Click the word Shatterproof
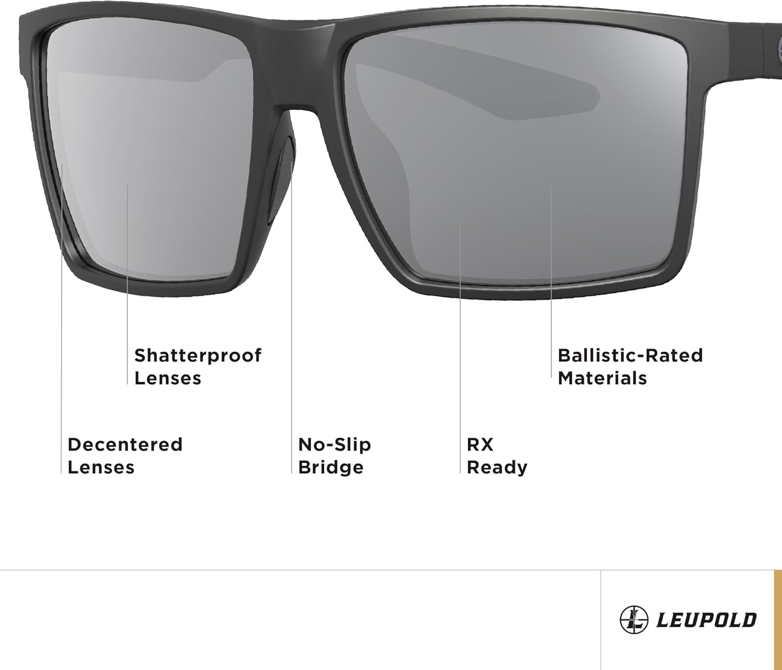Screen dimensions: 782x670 (198, 356)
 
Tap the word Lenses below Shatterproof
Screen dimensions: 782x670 (167, 378)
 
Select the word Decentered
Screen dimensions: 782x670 (125, 445)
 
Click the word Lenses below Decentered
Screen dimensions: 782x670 (101, 467)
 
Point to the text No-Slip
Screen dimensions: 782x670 (334, 445)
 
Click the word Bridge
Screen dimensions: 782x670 (331, 467)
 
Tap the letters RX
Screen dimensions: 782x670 (480, 445)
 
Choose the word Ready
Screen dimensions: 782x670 (497, 467)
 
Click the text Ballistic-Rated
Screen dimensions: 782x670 (630, 356)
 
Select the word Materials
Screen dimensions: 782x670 (602, 378)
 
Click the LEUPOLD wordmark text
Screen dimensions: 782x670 (706, 620)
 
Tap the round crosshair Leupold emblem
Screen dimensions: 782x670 (633, 620)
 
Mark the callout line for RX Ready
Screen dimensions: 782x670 (460, 354)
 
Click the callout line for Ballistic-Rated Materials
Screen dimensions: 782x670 (552, 287)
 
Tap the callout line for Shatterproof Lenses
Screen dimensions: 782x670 (127, 287)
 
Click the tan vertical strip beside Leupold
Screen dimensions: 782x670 (777, 620)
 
